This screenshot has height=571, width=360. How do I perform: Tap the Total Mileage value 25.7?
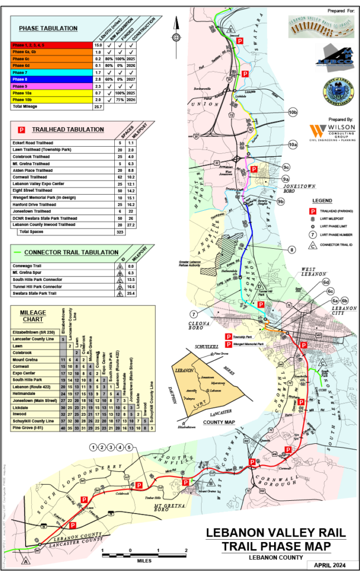[x=98, y=106]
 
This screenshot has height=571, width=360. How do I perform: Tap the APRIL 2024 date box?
[x=331, y=565]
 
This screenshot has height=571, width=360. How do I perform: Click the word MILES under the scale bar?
[x=144, y=561]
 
